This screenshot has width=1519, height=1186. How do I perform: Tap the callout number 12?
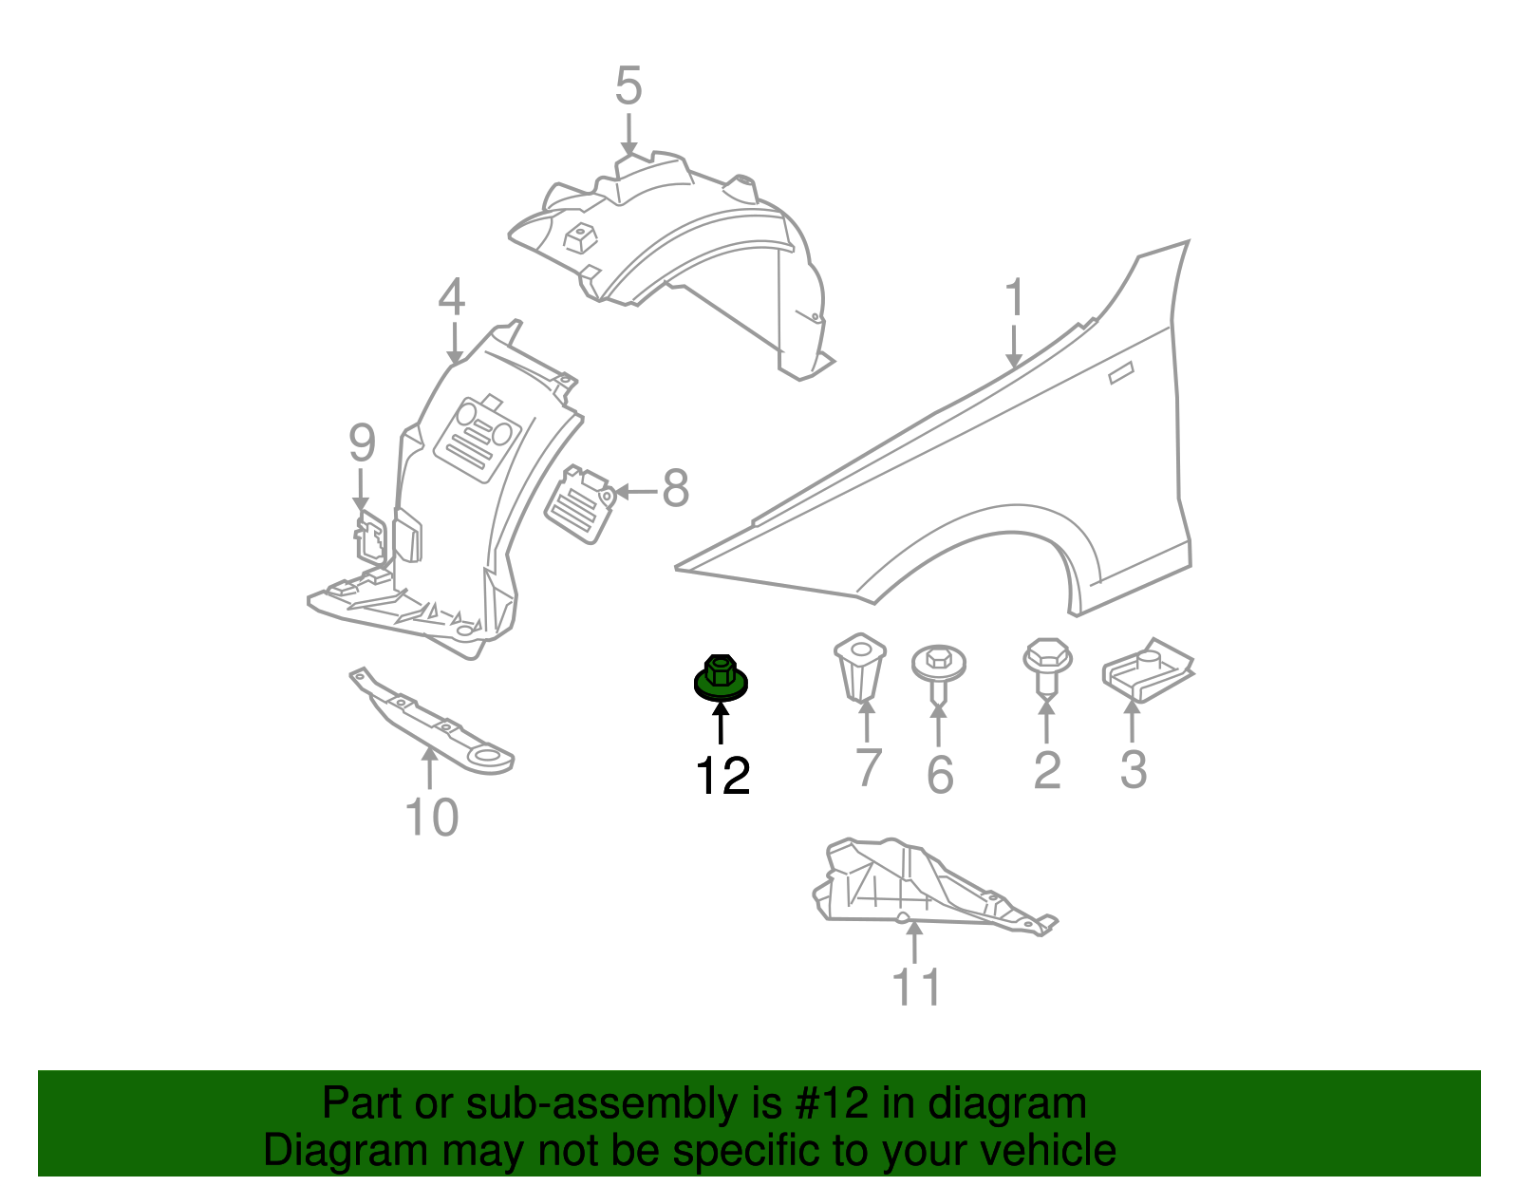pyautogui.click(x=722, y=777)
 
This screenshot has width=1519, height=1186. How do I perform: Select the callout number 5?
pyautogui.click(x=628, y=86)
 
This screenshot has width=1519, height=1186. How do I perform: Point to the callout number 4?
pyautogui.click(x=452, y=297)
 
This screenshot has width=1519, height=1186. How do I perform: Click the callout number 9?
pyautogui.click(x=362, y=442)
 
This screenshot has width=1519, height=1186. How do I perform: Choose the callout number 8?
pyautogui.click(x=675, y=489)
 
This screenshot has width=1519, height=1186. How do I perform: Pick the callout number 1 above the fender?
pyautogui.click(x=1015, y=298)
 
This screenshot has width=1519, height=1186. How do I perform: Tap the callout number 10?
pyautogui.click(x=432, y=817)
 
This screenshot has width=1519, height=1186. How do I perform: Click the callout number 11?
pyautogui.click(x=916, y=987)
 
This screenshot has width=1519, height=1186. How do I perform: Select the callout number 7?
pyautogui.click(x=868, y=768)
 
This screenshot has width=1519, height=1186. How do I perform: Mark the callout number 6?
pyautogui.click(x=939, y=775)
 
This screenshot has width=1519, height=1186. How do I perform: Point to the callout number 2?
pyautogui.click(x=1046, y=770)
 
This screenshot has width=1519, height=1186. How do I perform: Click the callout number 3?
pyautogui.click(x=1133, y=769)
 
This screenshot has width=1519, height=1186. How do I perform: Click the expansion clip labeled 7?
pyautogui.click(x=861, y=667)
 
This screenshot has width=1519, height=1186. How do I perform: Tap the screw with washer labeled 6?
pyautogui.click(x=939, y=669)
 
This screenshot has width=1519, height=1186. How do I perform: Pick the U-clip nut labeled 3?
pyautogui.click(x=1147, y=669)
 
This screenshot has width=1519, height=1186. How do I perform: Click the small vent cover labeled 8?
pyautogui.click(x=578, y=503)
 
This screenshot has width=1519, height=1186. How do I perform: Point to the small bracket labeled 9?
pyautogui.click(x=370, y=538)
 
